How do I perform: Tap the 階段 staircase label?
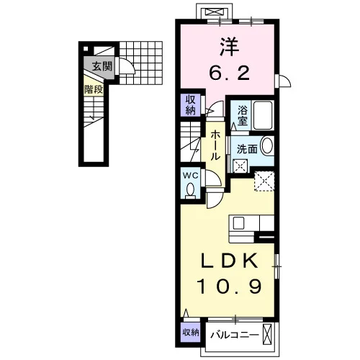pos(94,89)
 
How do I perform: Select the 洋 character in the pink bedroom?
pos(230,47)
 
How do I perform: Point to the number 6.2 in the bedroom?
pos(230,73)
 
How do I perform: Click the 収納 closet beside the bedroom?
pos(191,105)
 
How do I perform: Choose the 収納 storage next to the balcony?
pos(191,333)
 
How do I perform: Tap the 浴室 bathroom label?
pos(243,116)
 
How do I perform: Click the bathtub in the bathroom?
pos(263,115)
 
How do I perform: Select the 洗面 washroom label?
pos(247,149)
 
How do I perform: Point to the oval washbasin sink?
pos(266,145)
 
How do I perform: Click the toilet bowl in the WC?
pos(191,189)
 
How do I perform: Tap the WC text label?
pos(191,176)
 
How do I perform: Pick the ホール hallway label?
pos(215,145)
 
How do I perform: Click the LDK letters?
pos(230,261)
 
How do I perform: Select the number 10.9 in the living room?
pos(229,286)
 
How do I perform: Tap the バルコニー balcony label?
pos(235,335)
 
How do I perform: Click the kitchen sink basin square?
pos(238,223)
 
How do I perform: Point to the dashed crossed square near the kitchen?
pos(264,181)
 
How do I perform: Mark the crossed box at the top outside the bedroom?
pos(214,12)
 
